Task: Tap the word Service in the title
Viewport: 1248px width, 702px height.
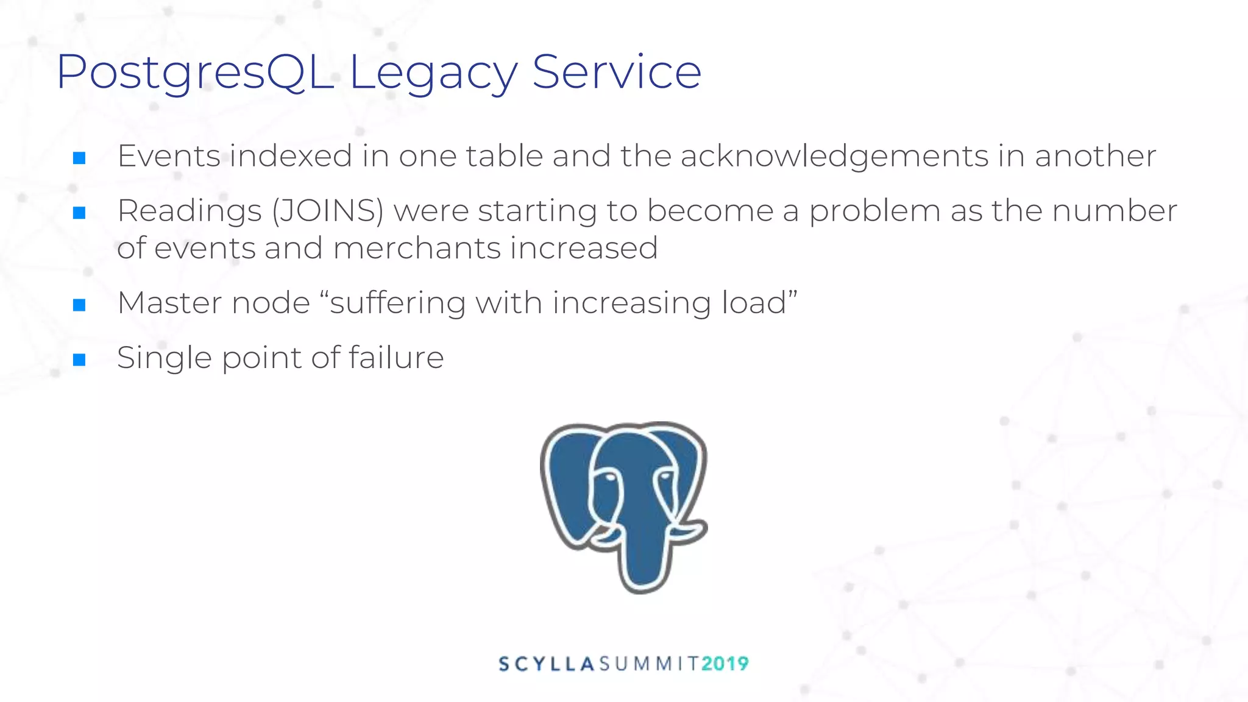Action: click(617, 72)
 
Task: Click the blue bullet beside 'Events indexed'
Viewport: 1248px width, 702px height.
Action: click(79, 158)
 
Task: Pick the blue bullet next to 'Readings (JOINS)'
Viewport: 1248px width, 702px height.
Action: click(79, 213)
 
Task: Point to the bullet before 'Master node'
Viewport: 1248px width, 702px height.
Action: click(79, 305)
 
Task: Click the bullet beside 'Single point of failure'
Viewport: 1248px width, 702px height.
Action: click(79, 360)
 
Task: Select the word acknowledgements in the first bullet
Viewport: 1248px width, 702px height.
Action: click(834, 156)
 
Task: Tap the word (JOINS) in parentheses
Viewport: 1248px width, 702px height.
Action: click(328, 211)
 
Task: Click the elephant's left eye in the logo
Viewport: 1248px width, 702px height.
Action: click(608, 477)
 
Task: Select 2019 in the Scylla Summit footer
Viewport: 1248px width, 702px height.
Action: click(725, 664)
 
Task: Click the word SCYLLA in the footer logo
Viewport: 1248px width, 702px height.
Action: click(546, 664)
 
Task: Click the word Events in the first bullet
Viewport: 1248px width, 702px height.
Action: click(169, 156)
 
